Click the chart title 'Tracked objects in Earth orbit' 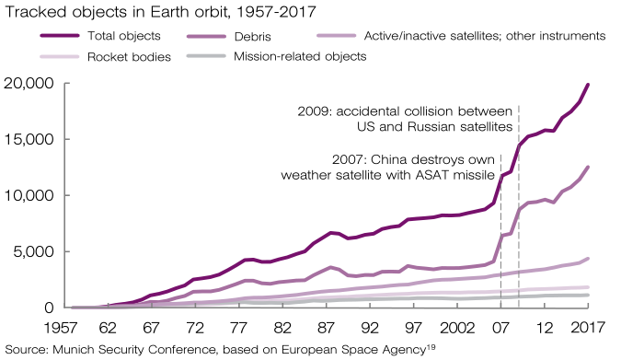tap(117, 12)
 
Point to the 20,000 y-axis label tap(29, 84)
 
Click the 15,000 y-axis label tap(29, 140)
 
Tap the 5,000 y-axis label tap(33, 251)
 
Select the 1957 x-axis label tap(60, 328)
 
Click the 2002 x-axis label tap(457, 328)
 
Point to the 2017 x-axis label tap(588, 328)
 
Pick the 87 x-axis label tap(326, 328)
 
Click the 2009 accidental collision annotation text tap(405, 119)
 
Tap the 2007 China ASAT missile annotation tap(387, 167)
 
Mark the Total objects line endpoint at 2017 tap(588, 85)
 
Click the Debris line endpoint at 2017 tap(588, 167)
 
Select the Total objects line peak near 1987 tap(331, 233)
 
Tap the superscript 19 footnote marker tap(431, 347)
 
